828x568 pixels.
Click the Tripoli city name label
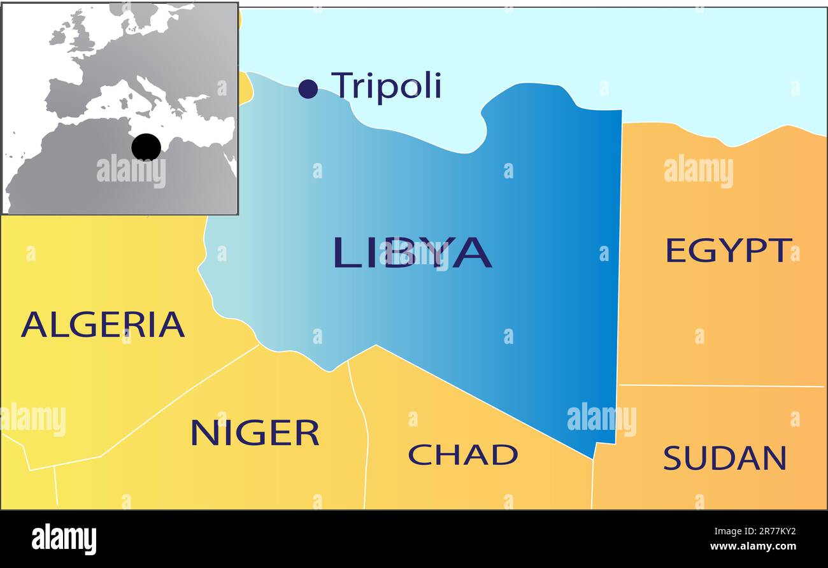click(x=386, y=85)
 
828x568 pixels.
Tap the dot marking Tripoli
click(x=308, y=89)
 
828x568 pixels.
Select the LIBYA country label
click(x=412, y=252)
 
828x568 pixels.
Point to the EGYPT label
click(x=728, y=250)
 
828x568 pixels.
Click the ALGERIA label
click(x=103, y=324)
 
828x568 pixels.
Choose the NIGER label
click(x=255, y=433)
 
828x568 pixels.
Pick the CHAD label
click(x=462, y=455)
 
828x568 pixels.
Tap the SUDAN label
click(x=725, y=458)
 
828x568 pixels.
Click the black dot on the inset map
click(x=146, y=147)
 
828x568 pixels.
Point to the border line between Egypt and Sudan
click(x=720, y=385)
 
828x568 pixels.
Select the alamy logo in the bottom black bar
click(x=64, y=539)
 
